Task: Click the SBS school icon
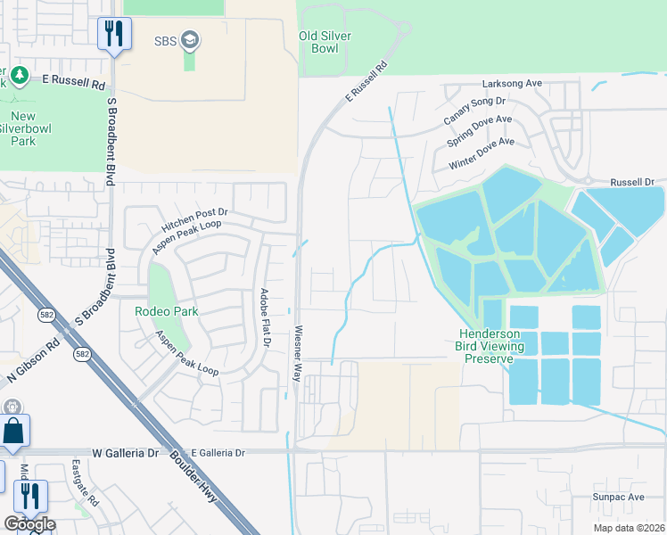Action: pyautogui.click(x=189, y=40)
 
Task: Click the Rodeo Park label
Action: pyautogui.click(x=166, y=311)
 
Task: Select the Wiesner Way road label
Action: pyautogui.click(x=298, y=353)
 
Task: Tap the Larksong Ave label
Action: pyautogui.click(x=512, y=83)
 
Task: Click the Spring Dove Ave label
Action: pyautogui.click(x=480, y=128)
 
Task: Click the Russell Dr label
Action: pyautogui.click(x=632, y=182)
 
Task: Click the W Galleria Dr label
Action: pyautogui.click(x=128, y=453)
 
